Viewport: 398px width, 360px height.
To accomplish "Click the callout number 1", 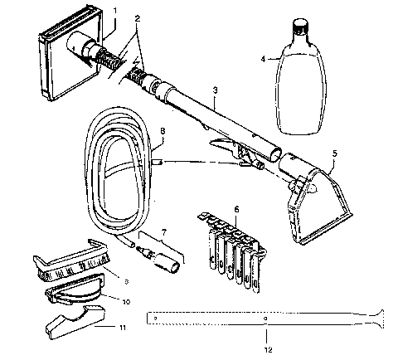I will tap(114, 11).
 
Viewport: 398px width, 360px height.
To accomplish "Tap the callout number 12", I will tap(265, 337).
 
